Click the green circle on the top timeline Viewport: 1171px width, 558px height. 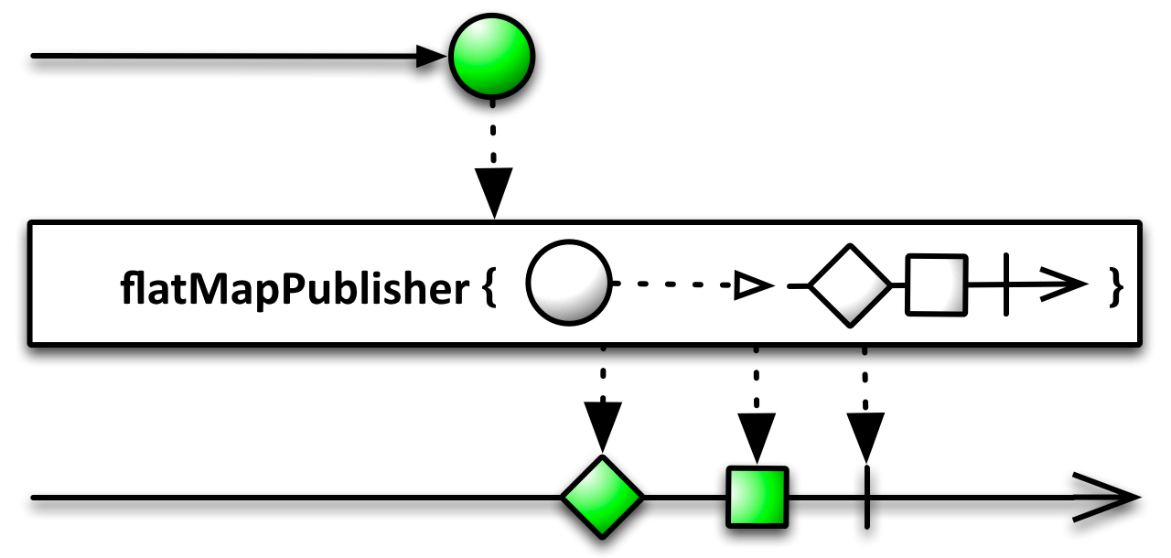tap(491, 57)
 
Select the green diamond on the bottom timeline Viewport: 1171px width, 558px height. tap(602, 497)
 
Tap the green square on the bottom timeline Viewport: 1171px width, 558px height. tap(757, 497)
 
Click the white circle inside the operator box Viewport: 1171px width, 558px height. tap(569, 283)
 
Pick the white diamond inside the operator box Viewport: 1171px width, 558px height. tap(850, 285)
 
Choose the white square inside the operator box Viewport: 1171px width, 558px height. tap(936, 284)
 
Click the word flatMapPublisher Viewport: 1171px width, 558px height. tap(295, 288)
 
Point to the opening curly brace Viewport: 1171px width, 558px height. tap(489, 288)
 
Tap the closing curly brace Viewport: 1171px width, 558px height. tap(1115, 287)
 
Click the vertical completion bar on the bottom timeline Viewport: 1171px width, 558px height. tap(866, 497)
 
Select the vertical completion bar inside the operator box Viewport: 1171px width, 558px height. tap(1006, 284)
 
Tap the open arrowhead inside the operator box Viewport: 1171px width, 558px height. tap(1064, 284)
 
